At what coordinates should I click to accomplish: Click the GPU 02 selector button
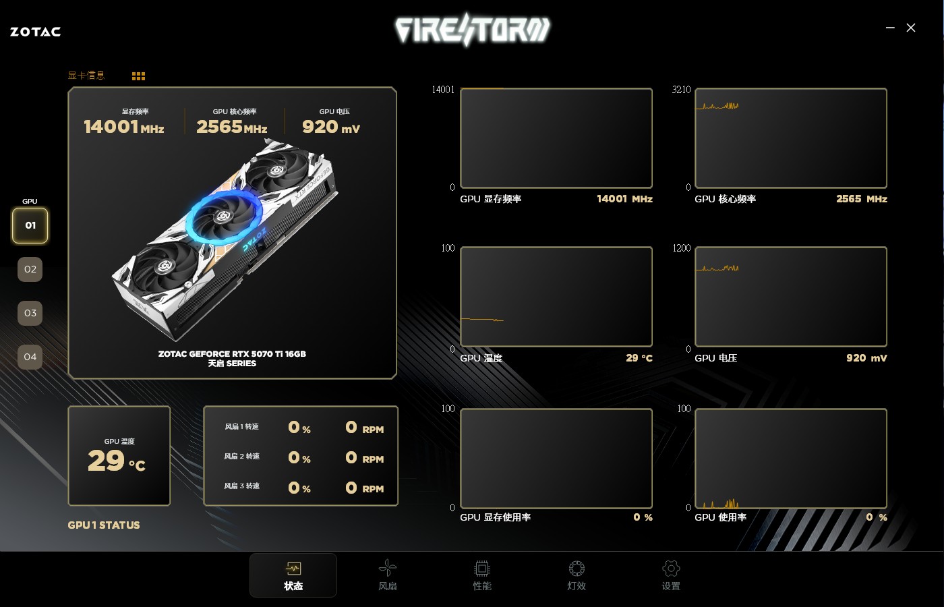30,269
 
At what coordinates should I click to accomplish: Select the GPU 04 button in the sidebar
30,357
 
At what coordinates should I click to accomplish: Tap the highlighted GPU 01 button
30,225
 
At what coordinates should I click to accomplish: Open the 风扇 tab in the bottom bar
388,575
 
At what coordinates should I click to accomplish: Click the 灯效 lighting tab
577,575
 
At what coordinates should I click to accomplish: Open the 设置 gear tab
671,575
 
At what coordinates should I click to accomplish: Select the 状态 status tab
293,575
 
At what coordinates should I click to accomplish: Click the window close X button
911,28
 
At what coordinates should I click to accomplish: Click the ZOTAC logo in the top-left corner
35,32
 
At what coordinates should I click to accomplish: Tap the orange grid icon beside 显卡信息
138,76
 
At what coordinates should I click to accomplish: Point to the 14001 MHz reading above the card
124,127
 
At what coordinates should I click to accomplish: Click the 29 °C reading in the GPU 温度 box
117,460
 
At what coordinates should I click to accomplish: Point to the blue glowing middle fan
224,215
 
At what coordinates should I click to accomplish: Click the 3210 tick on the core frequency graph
681,89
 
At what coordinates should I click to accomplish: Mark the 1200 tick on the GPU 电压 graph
682,248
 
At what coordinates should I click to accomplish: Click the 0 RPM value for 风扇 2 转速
365,458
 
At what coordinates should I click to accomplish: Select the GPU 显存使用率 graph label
495,517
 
